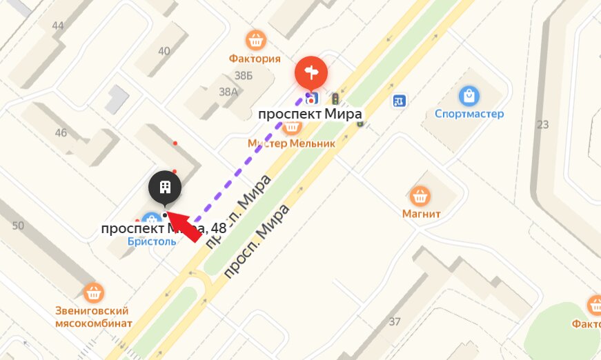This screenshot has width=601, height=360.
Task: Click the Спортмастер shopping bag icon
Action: pyautogui.click(x=469, y=95)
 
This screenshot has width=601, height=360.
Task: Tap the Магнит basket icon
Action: pyautogui.click(x=420, y=195)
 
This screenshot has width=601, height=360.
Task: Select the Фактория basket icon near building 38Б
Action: pyautogui.click(x=256, y=39)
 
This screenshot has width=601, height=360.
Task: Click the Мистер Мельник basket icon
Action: pyautogui.click(x=292, y=126)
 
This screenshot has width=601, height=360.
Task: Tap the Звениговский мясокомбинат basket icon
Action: pyautogui.click(x=94, y=292)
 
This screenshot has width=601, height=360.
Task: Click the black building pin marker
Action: pyautogui.click(x=165, y=186)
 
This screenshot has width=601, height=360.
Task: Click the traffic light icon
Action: pyautogui.click(x=335, y=99)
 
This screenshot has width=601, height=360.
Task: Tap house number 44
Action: pyautogui.click(x=58, y=26)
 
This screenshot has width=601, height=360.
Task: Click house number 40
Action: pyautogui.click(x=164, y=50)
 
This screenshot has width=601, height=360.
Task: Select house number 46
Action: pyautogui.click(x=61, y=132)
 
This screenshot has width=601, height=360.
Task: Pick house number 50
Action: pyautogui.click(x=18, y=226)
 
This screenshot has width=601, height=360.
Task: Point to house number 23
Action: pyautogui.click(x=542, y=125)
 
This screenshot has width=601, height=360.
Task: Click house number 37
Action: pyautogui.click(x=395, y=321)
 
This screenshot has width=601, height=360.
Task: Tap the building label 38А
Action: pyautogui.click(x=228, y=91)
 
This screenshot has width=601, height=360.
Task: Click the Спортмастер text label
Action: pyautogui.click(x=469, y=114)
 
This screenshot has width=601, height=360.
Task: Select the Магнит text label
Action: pyautogui.click(x=421, y=214)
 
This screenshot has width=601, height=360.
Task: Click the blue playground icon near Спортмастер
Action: pyautogui.click(x=398, y=101)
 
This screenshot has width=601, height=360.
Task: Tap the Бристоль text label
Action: pyautogui.click(x=152, y=242)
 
